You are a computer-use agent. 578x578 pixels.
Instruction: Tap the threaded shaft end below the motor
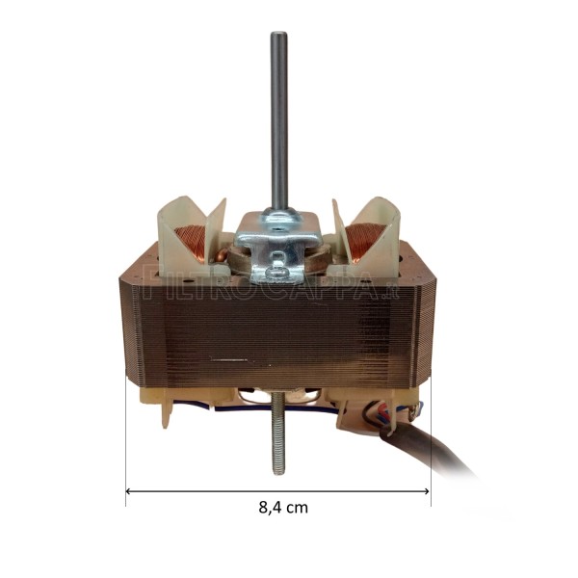pos(278,443)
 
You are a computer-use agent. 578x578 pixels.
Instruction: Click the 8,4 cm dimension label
pos(283,508)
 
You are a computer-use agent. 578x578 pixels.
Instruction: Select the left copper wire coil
pos(191,243)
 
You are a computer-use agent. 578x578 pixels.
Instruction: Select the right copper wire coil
pos(366,241)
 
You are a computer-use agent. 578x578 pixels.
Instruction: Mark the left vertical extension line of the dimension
pos(126,443)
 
